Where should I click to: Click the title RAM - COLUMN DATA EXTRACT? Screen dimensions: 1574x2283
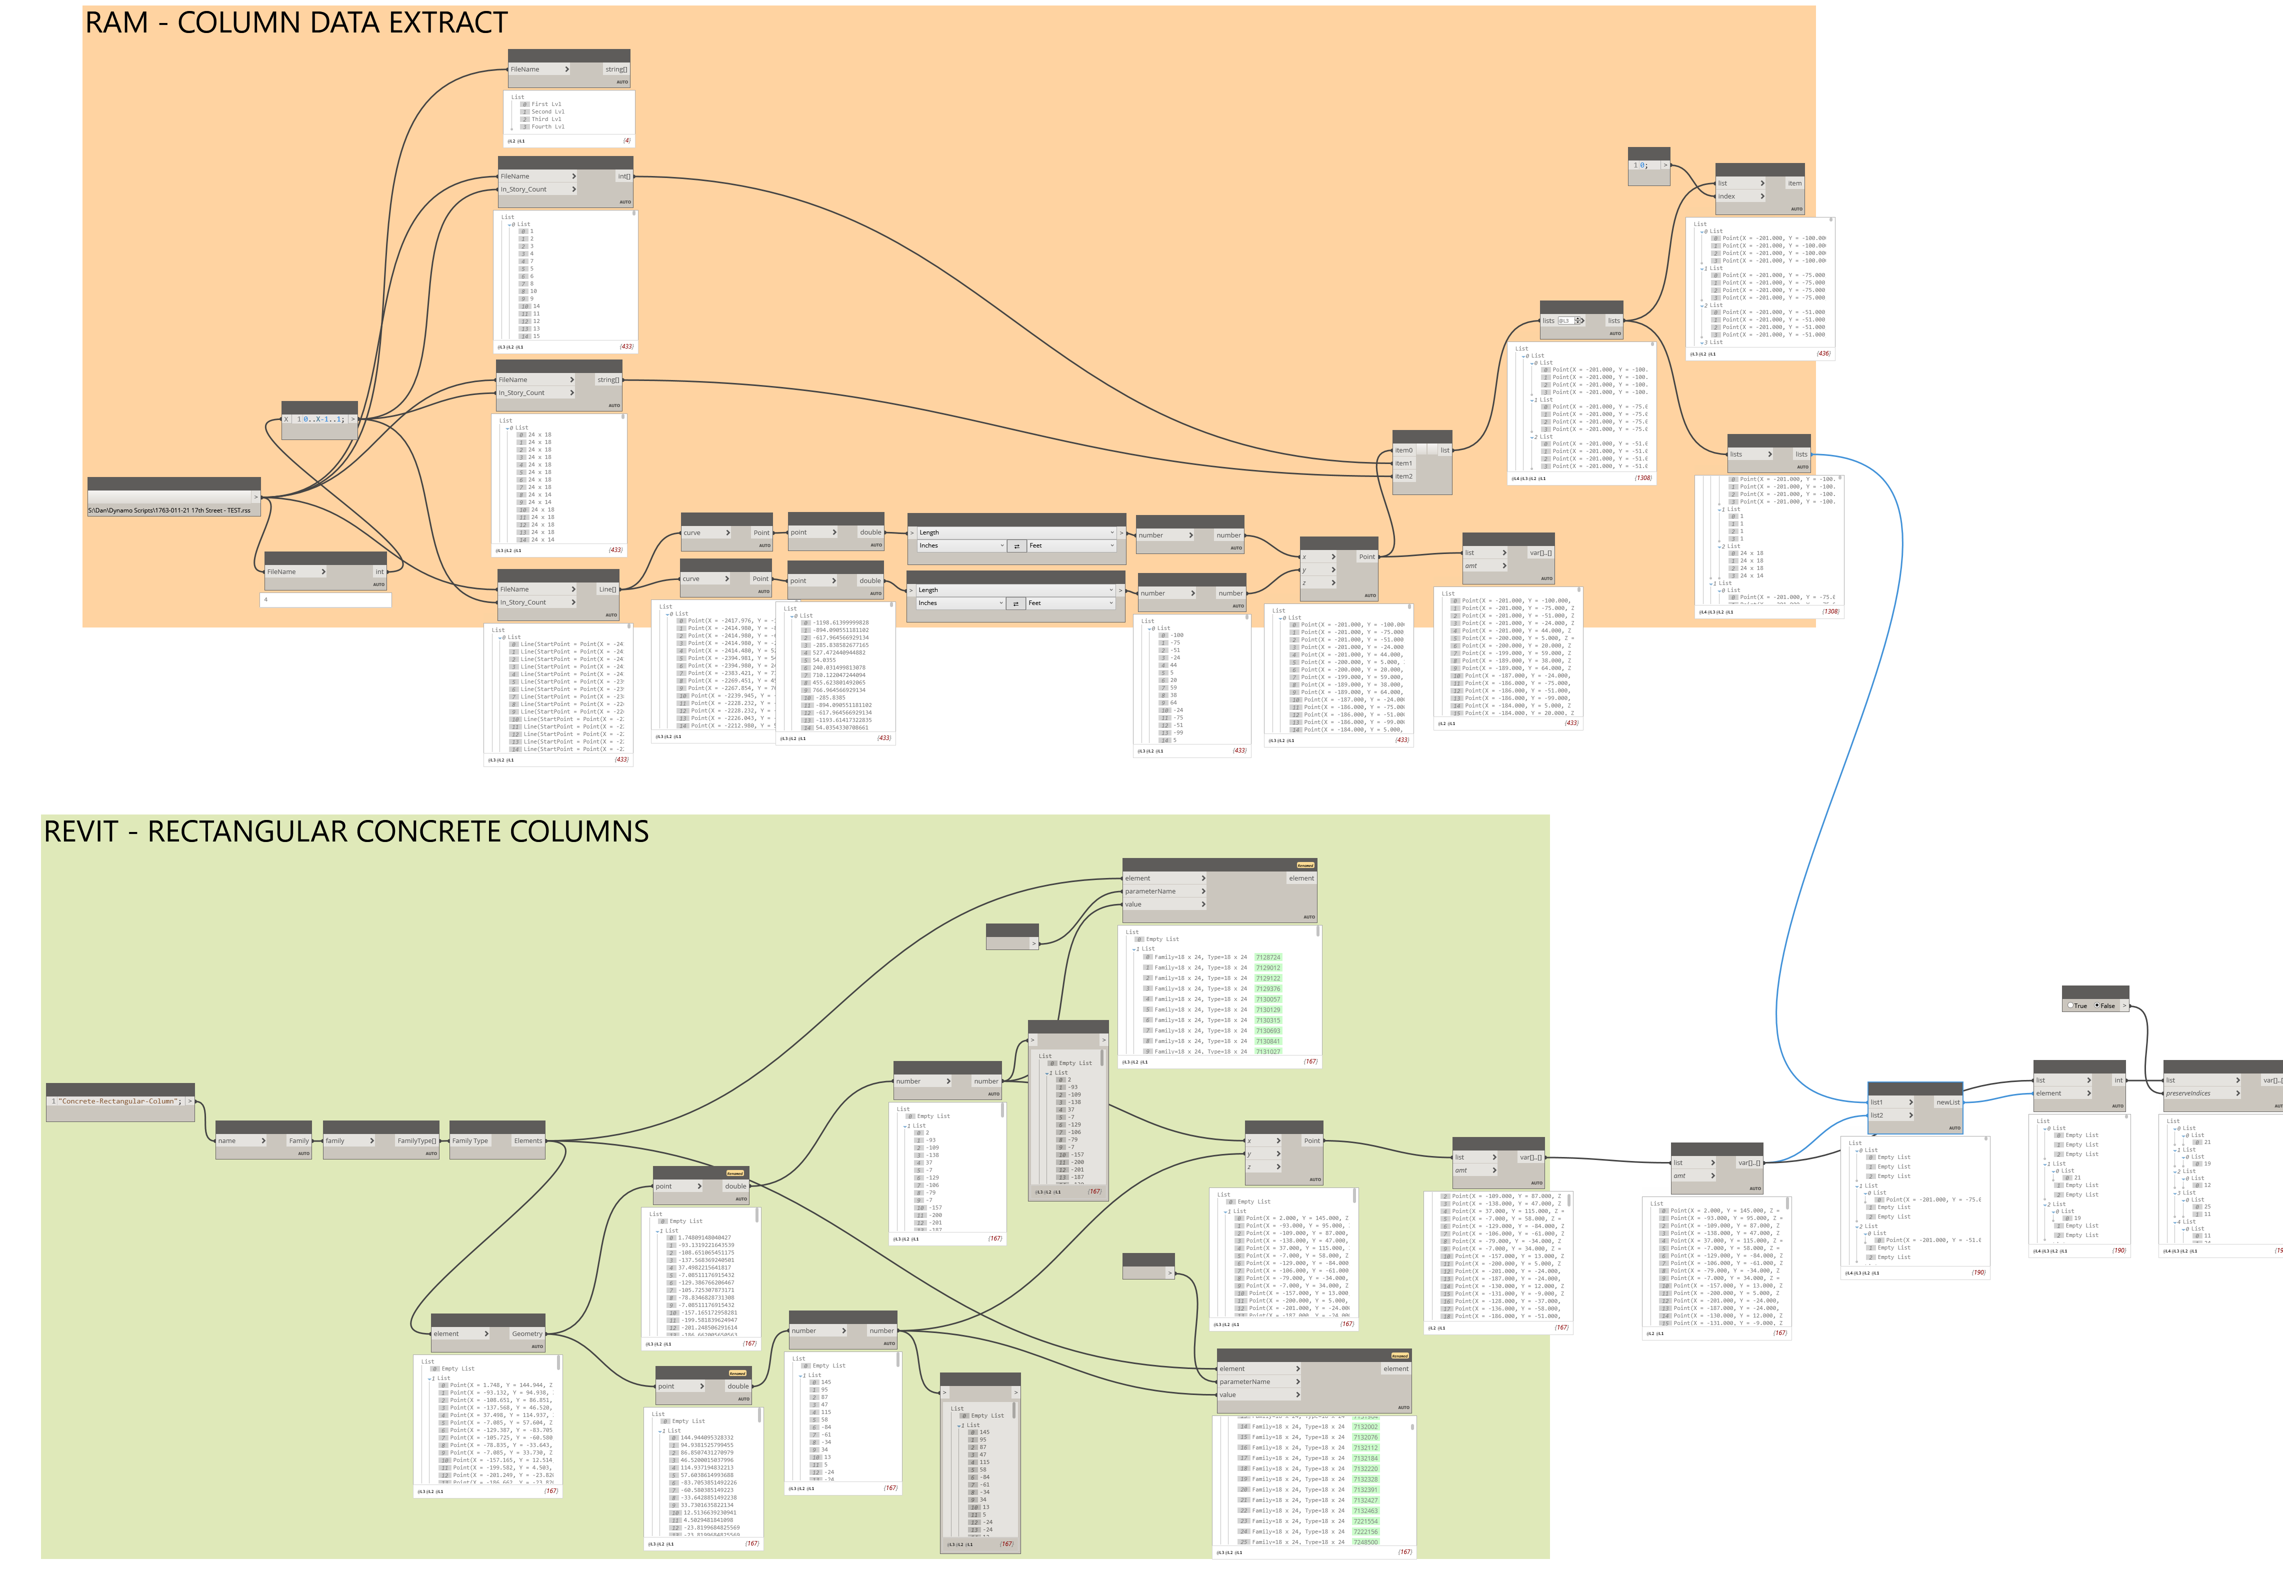pos(296,22)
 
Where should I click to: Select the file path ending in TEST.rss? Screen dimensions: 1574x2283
pos(169,510)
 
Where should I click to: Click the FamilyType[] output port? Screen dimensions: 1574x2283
pos(416,1140)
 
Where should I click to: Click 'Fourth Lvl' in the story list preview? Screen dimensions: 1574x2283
pos(548,126)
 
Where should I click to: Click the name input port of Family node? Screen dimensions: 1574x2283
pos(239,1140)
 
